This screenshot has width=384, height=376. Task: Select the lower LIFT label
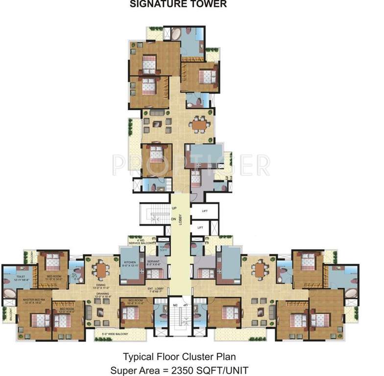pyautogui.click(x=200, y=228)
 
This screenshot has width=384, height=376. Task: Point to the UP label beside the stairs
pyautogui.click(x=173, y=208)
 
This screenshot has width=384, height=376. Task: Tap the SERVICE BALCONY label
pyautogui.click(x=142, y=243)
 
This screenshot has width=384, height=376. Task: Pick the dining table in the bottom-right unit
pyautogui.click(x=260, y=269)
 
